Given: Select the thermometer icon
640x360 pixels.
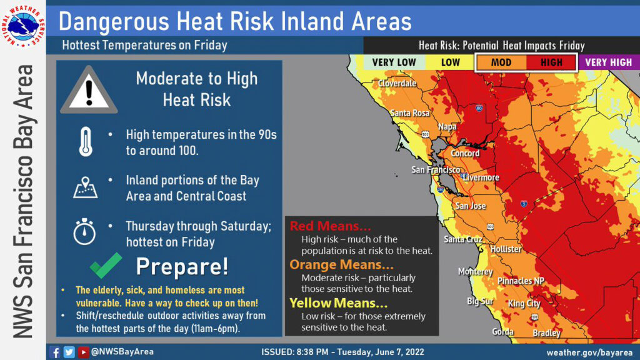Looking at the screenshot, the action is [86, 142].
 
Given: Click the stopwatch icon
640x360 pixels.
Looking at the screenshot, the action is [84, 231].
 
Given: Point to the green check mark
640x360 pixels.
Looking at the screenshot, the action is [106, 265].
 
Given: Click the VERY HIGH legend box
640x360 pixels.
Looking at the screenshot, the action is [609, 62].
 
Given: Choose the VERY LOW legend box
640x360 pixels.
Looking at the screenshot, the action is [394, 62].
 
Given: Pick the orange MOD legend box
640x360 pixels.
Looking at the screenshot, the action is [501, 62].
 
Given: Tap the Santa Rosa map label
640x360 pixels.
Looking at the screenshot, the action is [410, 113].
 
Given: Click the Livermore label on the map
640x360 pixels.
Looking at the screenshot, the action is [481, 177].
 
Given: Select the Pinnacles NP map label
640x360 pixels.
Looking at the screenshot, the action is [521, 281].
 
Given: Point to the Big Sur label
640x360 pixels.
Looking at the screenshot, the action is [480, 302].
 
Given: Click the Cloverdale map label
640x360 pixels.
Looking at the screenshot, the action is [397, 83].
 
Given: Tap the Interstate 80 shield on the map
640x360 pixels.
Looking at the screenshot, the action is [479, 108].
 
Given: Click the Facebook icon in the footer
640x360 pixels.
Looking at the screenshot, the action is [55, 352].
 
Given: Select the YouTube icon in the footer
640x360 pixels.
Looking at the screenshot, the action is [83, 352].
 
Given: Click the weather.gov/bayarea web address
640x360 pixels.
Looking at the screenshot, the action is [589, 352].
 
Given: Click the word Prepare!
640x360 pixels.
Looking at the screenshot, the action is [182, 267].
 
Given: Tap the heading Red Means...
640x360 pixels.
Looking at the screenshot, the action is [330, 226].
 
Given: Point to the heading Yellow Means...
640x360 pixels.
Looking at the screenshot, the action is [338, 303].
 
